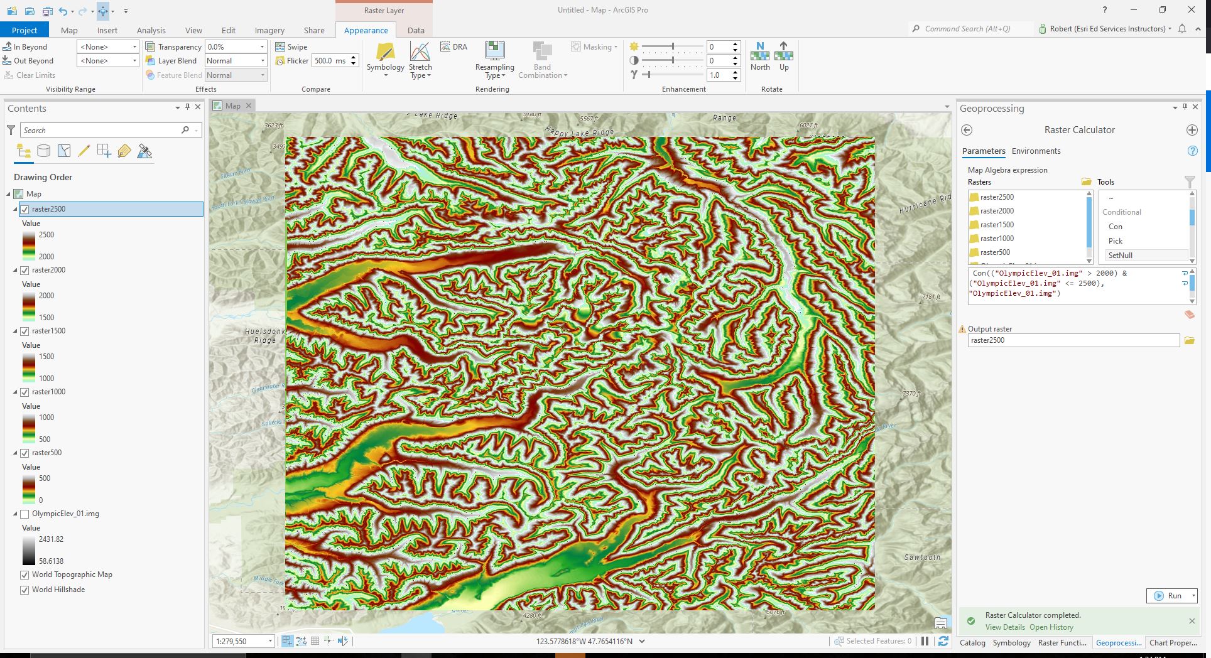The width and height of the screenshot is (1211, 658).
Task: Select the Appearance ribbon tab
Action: tap(366, 30)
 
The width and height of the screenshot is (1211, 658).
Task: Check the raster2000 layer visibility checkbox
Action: tap(24, 270)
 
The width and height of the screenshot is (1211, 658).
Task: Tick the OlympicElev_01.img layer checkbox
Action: tap(24, 514)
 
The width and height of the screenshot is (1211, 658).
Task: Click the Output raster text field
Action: tap(1073, 340)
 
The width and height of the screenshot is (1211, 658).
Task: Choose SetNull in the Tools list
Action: tap(1120, 256)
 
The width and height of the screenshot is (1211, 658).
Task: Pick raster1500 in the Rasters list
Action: tap(997, 225)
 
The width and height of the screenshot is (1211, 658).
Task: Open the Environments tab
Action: tap(1036, 151)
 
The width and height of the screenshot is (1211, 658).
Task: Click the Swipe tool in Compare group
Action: tap(291, 47)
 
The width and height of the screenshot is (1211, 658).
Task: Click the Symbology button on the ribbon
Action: tap(385, 60)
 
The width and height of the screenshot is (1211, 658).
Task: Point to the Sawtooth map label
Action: tap(922, 558)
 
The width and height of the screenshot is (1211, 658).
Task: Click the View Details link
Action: tap(1004, 627)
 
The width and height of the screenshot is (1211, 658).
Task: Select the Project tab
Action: tap(24, 30)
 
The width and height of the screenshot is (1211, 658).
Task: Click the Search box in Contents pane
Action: tap(100, 130)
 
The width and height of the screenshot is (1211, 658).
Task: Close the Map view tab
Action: tap(249, 106)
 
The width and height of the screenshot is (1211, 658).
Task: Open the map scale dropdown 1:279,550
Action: tap(270, 641)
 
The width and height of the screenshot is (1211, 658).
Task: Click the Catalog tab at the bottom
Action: tap(972, 643)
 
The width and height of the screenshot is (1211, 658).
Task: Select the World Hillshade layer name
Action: tap(58, 590)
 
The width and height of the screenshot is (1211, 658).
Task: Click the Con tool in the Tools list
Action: tap(1115, 227)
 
